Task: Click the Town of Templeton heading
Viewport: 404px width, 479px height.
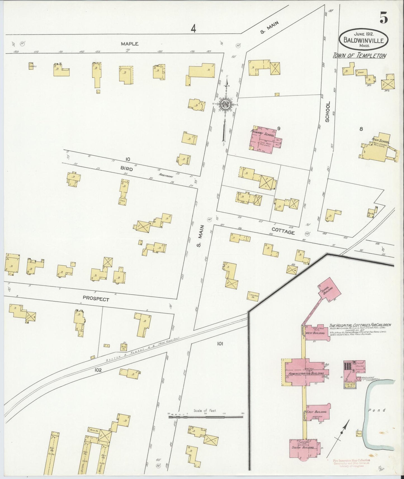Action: (x=359, y=56)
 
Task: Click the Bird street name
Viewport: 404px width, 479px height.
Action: (x=126, y=169)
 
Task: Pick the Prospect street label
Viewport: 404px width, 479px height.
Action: (x=100, y=299)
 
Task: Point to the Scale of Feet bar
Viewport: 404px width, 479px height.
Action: (x=205, y=417)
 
